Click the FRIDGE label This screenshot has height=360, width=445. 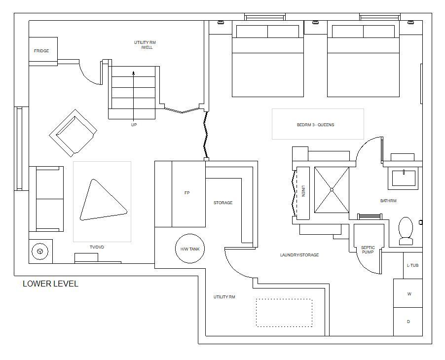[x=41, y=51]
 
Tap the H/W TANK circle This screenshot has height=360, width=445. [x=190, y=249]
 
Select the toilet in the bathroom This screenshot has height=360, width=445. [x=406, y=231]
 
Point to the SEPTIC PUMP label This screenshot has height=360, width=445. [x=368, y=250]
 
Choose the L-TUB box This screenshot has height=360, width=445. [x=412, y=265]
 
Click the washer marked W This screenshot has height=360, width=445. [x=408, y=293]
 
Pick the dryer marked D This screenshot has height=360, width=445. [x=408, y=322]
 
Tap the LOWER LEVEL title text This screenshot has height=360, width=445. [x=50, y=284]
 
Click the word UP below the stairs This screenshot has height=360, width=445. [x=134, y=125]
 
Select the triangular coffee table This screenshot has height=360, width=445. [x=103, y=200]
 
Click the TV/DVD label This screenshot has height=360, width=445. [x=97, y=247]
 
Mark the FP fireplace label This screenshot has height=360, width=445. [x=187, y=193]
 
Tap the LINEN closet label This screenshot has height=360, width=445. [x=303, y=191]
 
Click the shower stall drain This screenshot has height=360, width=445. [x=332, y=189]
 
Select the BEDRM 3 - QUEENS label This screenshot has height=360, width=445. [x=315, y=125]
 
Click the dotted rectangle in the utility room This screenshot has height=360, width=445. [x=284, y=313]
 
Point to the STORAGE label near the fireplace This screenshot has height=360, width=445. [x=223, y=203]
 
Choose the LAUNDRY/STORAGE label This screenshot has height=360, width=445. [x=299, y=255]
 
